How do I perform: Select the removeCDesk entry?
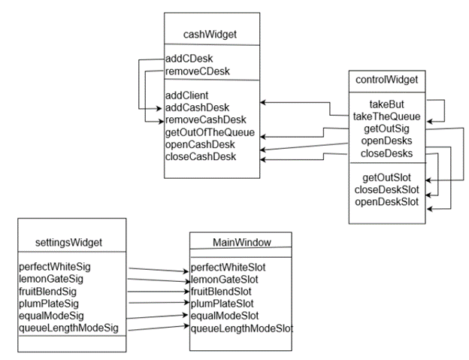point(198,71)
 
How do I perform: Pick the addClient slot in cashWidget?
point(188,95)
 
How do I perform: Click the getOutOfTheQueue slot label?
point(210,132)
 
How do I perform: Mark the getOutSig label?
point(386,128)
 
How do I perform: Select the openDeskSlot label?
point(386,201)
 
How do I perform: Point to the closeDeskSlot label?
point(386,189)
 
